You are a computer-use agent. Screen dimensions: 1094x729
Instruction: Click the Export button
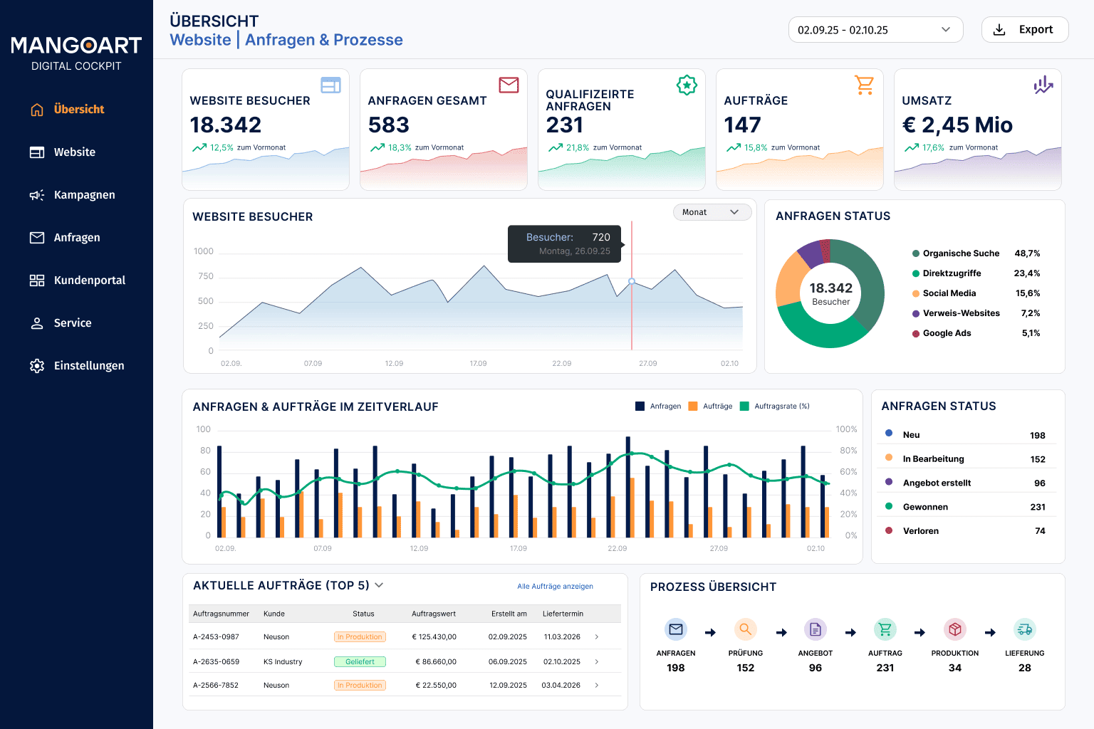[x=1025, y=30]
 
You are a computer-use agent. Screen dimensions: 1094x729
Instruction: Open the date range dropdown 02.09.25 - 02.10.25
[x=875, y=30]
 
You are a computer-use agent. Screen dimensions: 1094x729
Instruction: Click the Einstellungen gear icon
[x=36, y=366]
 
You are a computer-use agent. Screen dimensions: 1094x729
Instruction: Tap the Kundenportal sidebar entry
[x=77, y=280]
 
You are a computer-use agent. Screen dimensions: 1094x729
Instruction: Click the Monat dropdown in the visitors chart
[x=712, y=212]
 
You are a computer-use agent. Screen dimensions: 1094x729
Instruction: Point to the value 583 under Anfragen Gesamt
[x=388, y=125]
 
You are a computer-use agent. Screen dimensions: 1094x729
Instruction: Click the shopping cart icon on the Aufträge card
[x=864, y=85]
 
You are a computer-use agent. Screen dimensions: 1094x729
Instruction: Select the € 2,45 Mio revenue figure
[x=957, y=125]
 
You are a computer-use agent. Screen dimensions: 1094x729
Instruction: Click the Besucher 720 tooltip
[x=565, y=243]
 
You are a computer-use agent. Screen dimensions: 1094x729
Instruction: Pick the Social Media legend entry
[x=944, y=293]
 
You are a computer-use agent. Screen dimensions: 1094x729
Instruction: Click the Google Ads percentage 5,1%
[x=1031, y=333]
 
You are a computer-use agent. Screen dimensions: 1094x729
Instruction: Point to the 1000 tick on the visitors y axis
[x=203, y=251]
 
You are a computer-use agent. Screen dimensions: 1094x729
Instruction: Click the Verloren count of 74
[x=1040, y=531]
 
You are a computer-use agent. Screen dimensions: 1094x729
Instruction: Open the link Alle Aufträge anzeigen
[x=555, y=586]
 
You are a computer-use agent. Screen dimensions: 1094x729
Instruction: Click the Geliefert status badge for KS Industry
[x=360, y=661]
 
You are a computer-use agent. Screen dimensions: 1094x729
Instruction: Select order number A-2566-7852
[x=216, y=685]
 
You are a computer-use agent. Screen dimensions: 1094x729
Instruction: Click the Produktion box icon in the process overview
[x=955, y=629]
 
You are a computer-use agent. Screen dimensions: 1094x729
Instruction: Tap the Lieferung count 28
[x=1024, y=668]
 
